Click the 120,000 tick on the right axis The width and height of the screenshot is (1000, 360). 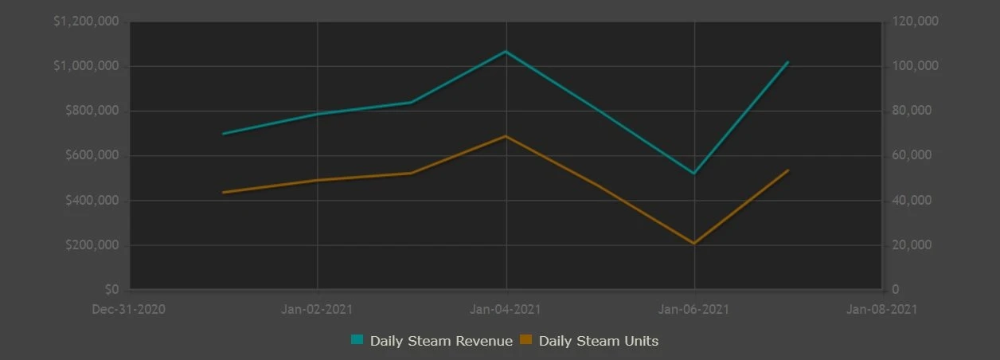coord(916,22)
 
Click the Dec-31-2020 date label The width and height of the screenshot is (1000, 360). coord(129,309)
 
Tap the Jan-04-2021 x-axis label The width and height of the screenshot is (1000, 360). coord(506,309)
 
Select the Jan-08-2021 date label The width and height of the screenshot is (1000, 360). coord(884,309)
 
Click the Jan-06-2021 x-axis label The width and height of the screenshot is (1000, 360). coord(695,309)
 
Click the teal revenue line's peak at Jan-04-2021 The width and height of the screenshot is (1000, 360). coord(506,52)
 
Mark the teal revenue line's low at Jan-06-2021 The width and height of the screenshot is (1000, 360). coord(694,174)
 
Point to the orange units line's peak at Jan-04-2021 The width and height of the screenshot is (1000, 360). coord(506,136)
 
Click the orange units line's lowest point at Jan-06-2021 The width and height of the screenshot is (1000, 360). coord(694,244)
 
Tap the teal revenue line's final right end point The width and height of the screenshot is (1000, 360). coord(788,62)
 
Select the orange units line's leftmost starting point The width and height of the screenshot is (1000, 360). coord(223,193)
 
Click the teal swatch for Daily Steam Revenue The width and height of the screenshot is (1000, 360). coord(357,340)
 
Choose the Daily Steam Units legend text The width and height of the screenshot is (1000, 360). coord(599,341)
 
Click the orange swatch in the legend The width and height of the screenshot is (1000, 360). coord(525,340)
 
